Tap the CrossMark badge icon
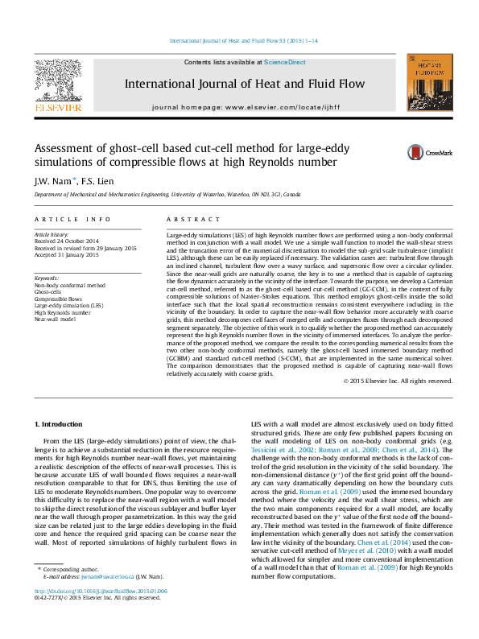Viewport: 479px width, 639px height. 416,152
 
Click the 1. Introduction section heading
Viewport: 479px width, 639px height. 61,424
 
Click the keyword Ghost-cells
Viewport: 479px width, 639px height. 49,292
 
